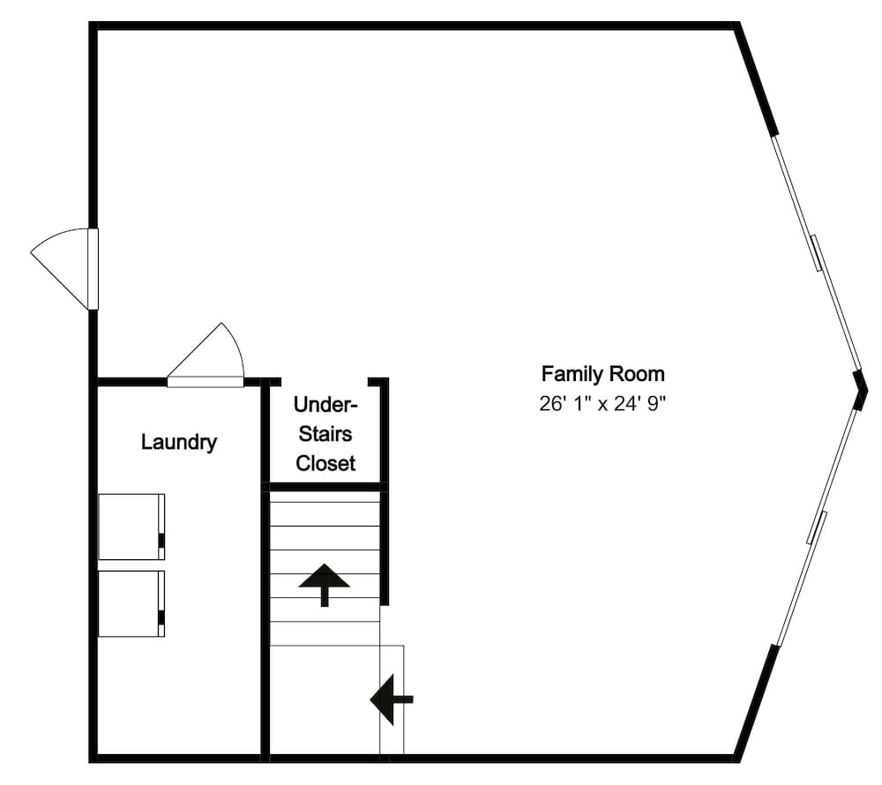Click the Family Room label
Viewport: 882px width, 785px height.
click(x=602, y=373)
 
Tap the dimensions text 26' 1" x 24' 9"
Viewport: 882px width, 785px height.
click(x=602, y=404)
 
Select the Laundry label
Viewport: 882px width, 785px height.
click(x=178, y=442)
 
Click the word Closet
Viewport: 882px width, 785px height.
click(x=325, y=463)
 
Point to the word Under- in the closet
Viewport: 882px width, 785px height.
click(x=325, y=406)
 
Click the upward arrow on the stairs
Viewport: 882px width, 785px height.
click(x=324, y=583)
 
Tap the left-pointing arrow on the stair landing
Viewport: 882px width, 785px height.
click(x=390, y=699)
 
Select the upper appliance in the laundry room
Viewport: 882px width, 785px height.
click(x=131, y=527)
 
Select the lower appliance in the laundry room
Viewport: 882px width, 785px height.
click(x=131, y=603)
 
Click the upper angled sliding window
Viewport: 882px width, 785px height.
click(x=817, y=251)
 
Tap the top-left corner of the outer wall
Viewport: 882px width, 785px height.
click(x=93, y=26)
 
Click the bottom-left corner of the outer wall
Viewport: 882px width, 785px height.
click(x=93, y=757)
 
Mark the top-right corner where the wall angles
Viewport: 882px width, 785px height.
click(x=738, y=27)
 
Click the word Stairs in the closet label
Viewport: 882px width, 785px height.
click(x=325, y=434)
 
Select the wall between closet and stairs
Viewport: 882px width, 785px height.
click(x=325, y=486)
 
